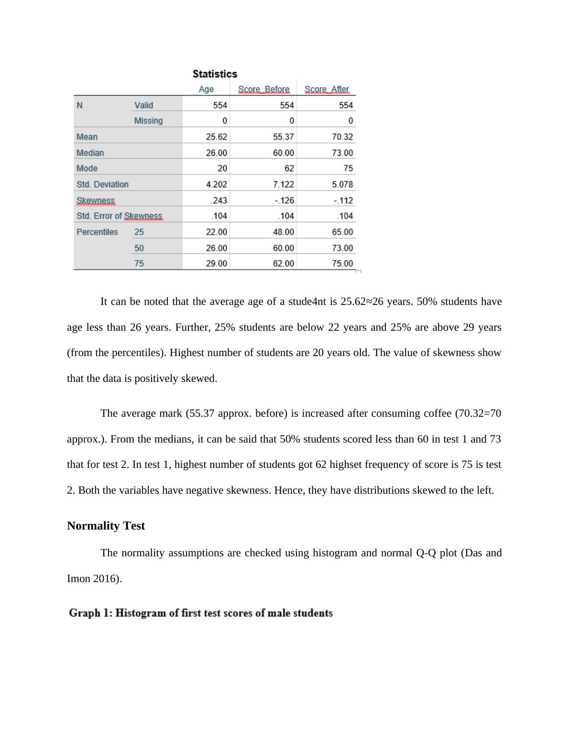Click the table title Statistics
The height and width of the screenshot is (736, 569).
point(215,74)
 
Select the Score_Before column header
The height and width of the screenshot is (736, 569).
point(263,89)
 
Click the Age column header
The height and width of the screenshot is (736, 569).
point(206,89)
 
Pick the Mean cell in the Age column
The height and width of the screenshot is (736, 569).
point(216,137)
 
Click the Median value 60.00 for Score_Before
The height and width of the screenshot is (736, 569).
point(283,153)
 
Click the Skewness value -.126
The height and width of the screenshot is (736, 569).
point(284,200)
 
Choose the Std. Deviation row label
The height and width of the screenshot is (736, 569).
point(102,184)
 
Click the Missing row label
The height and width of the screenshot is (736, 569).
point(148,121)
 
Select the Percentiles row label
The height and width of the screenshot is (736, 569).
point(97,232)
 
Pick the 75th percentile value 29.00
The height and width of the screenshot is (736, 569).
point(216,263)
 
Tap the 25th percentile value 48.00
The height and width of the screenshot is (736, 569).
point(283,232)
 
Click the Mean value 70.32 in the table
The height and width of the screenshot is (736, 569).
point(342,137)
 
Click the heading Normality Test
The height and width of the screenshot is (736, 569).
point(106,526)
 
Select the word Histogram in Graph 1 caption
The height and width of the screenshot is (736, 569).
point(141,613)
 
